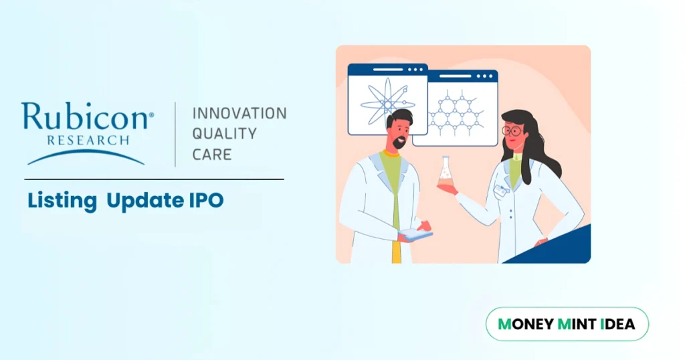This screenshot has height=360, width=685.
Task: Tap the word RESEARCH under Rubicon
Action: click(88, 141)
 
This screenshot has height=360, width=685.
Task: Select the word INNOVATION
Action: click(239, 113)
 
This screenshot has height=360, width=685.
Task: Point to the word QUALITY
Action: click(224, 134)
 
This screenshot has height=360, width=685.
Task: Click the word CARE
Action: click(212, 155)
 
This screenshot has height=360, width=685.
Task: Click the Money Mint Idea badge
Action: click(567, 325)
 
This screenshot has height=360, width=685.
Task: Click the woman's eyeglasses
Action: click(512, 130)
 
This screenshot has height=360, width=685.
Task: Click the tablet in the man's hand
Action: click(416, 234)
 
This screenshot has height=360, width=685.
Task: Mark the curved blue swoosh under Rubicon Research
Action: click(86, 157)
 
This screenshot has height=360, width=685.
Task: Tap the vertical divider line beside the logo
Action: click(175, 134)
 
